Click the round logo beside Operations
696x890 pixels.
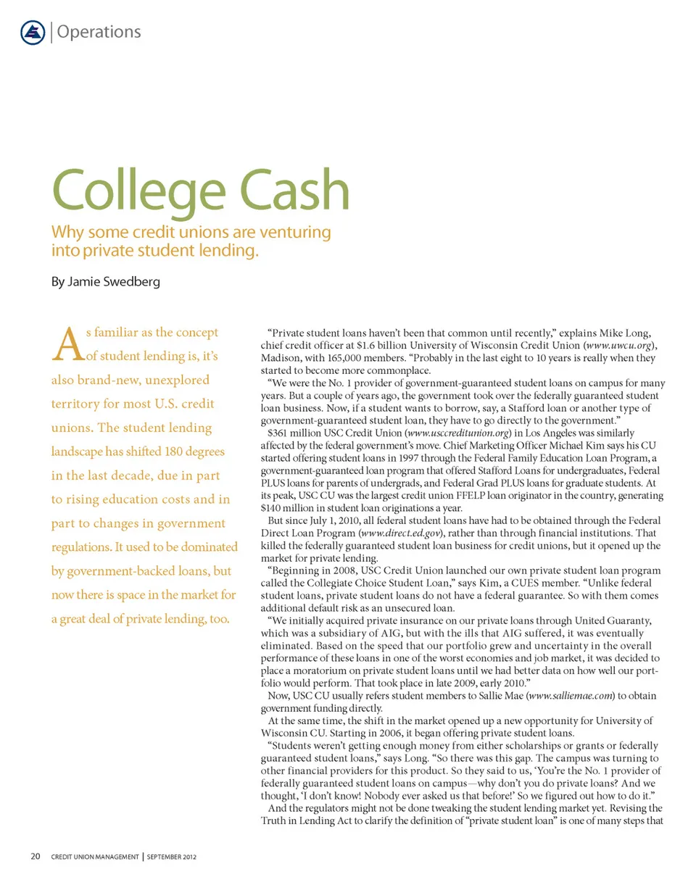click(33, 32)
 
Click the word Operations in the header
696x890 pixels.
click(98, 32)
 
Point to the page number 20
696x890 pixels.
click(35, 857)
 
